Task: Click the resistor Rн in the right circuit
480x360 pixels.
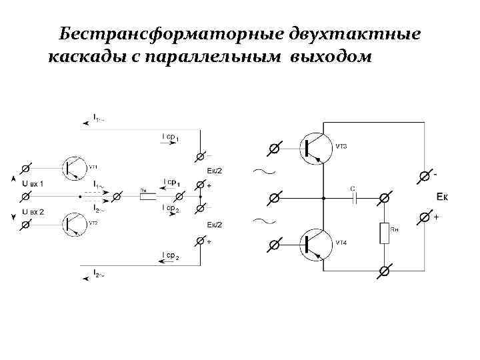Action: tap(385, 234)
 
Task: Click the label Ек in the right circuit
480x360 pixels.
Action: tap(443, 196)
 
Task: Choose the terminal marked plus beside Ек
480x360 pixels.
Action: tap(423, 218)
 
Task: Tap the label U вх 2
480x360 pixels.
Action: tap(33, 211)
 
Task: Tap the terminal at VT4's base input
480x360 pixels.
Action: tap(274, 245)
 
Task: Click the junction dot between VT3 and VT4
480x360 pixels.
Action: tap(323, 197)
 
